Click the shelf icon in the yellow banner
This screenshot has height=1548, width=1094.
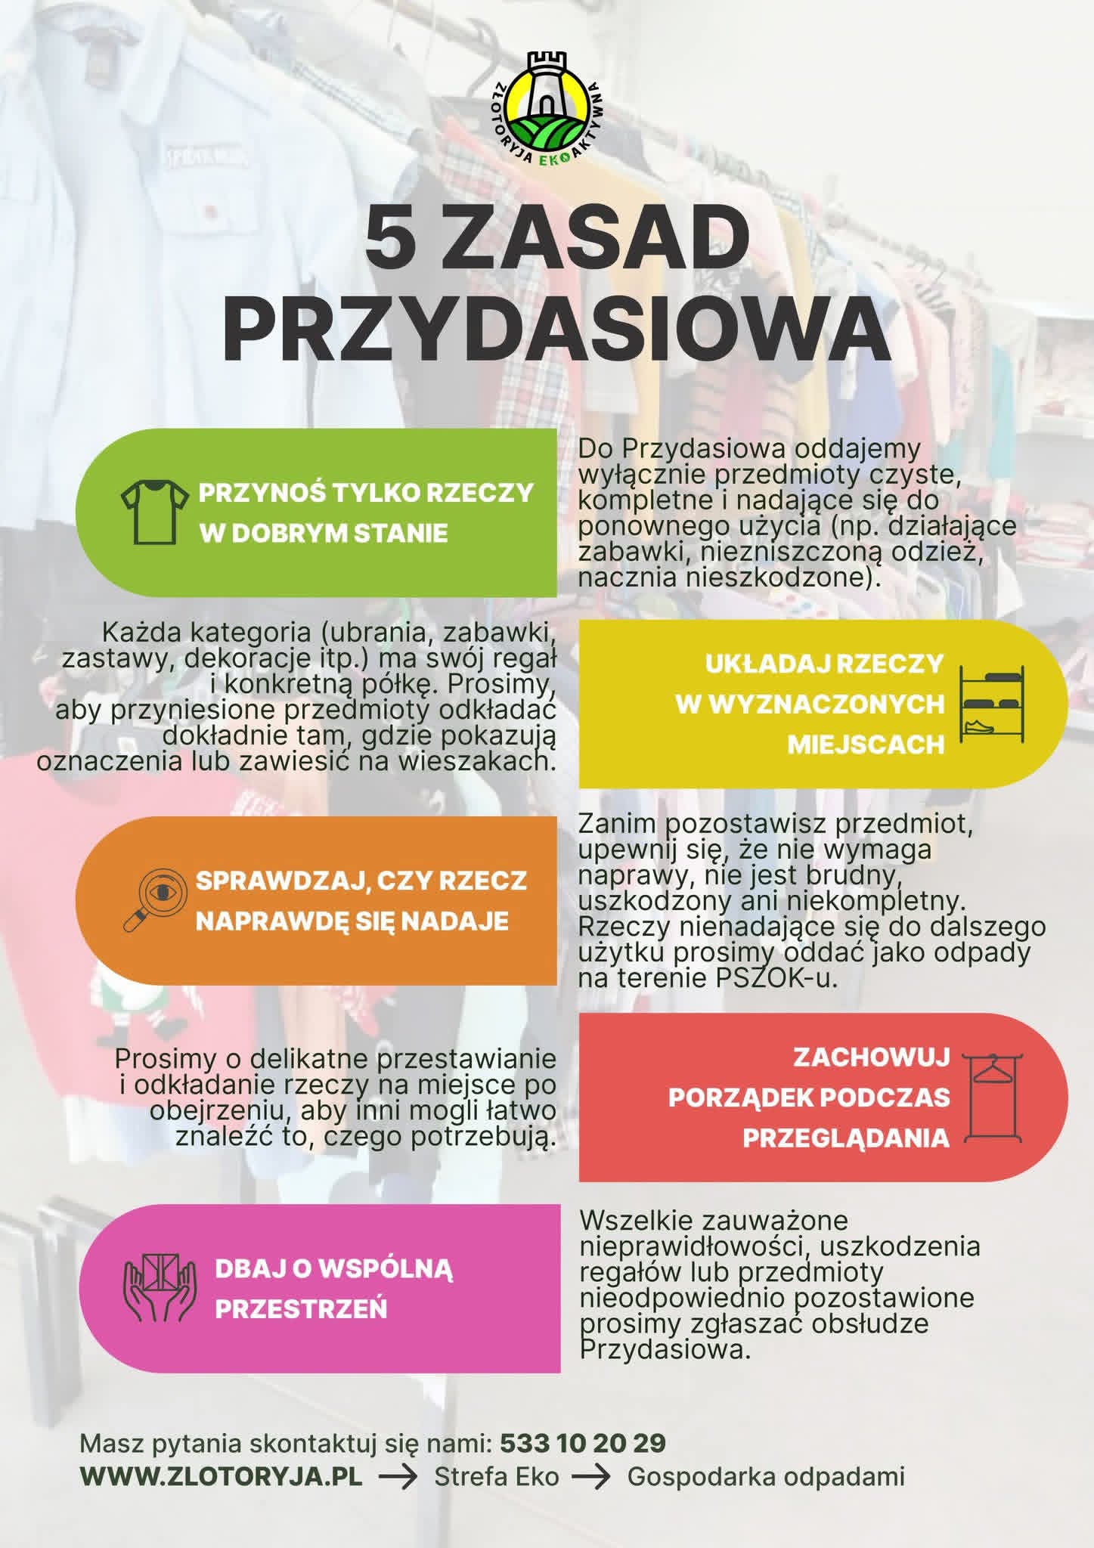[991, 704]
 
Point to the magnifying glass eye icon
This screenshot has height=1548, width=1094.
[154, 900]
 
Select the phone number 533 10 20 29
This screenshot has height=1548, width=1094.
[583, 1443]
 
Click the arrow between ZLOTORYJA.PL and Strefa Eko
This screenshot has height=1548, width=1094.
[398, 1477]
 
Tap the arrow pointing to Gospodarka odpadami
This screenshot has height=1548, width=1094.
[590, 1477]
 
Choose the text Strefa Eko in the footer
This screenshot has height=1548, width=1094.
[496, 1476]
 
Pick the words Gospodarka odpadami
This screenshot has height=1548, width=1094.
[766, 1476]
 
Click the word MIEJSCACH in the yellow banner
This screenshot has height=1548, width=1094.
[866, 745]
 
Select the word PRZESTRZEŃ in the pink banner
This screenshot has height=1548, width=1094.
[301, 1308]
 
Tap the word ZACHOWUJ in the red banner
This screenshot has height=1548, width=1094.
[871, 1057]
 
